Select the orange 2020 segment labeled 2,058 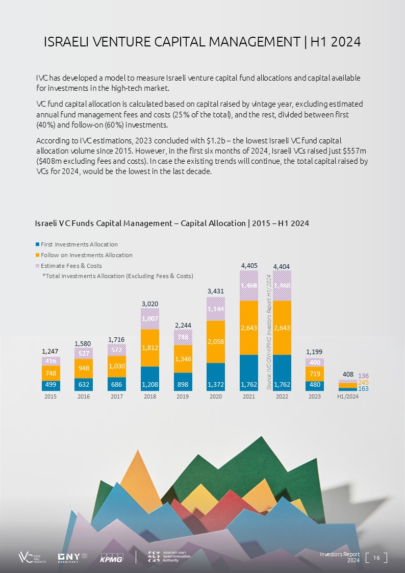click(216, 341)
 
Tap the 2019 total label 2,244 click(183, 325)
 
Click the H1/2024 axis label click(348, 396)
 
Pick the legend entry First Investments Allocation click(79, 244)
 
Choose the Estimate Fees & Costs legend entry click(71, 266)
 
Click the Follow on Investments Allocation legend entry click(86, 255)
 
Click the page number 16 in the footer click(377, 558)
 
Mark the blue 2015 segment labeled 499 click(51, 386)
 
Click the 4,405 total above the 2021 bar click(248, 266)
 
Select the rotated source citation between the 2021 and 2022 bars click(269, 332)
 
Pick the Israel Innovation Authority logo click(169, 557)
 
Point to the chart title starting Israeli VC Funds click(171, 223)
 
